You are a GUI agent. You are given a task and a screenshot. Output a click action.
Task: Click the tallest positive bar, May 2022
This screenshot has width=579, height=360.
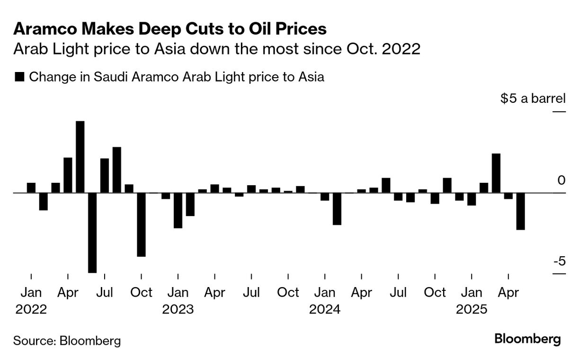80,157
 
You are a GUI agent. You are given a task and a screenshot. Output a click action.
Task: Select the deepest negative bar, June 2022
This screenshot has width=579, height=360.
92,233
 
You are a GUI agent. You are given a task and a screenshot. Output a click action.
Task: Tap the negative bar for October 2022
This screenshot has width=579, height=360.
141,225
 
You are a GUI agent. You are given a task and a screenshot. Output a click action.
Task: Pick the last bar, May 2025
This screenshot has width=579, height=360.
521,211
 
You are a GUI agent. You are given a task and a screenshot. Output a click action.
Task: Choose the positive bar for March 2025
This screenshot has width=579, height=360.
496,173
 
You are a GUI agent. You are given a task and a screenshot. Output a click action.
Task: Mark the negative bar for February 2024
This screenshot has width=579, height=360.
337,208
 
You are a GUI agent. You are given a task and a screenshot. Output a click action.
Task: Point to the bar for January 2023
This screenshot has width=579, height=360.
178,210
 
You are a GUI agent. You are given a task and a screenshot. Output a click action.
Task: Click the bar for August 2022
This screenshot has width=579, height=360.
117,170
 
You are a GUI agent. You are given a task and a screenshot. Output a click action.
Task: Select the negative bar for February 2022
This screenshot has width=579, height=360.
43,201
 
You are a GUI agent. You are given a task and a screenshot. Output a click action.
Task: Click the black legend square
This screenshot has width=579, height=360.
19,77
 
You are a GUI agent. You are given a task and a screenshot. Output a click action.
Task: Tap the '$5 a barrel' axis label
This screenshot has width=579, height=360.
533,99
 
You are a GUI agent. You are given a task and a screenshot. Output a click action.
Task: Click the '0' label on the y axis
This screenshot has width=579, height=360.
561,180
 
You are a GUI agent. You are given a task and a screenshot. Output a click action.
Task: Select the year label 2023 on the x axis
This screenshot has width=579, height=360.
178,309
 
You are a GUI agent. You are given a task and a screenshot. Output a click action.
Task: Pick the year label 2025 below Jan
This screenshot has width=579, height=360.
471,309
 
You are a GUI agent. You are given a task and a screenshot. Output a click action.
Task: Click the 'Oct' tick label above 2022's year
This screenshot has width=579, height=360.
141,292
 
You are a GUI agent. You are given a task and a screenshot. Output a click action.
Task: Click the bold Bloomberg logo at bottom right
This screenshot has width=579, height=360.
527,339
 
